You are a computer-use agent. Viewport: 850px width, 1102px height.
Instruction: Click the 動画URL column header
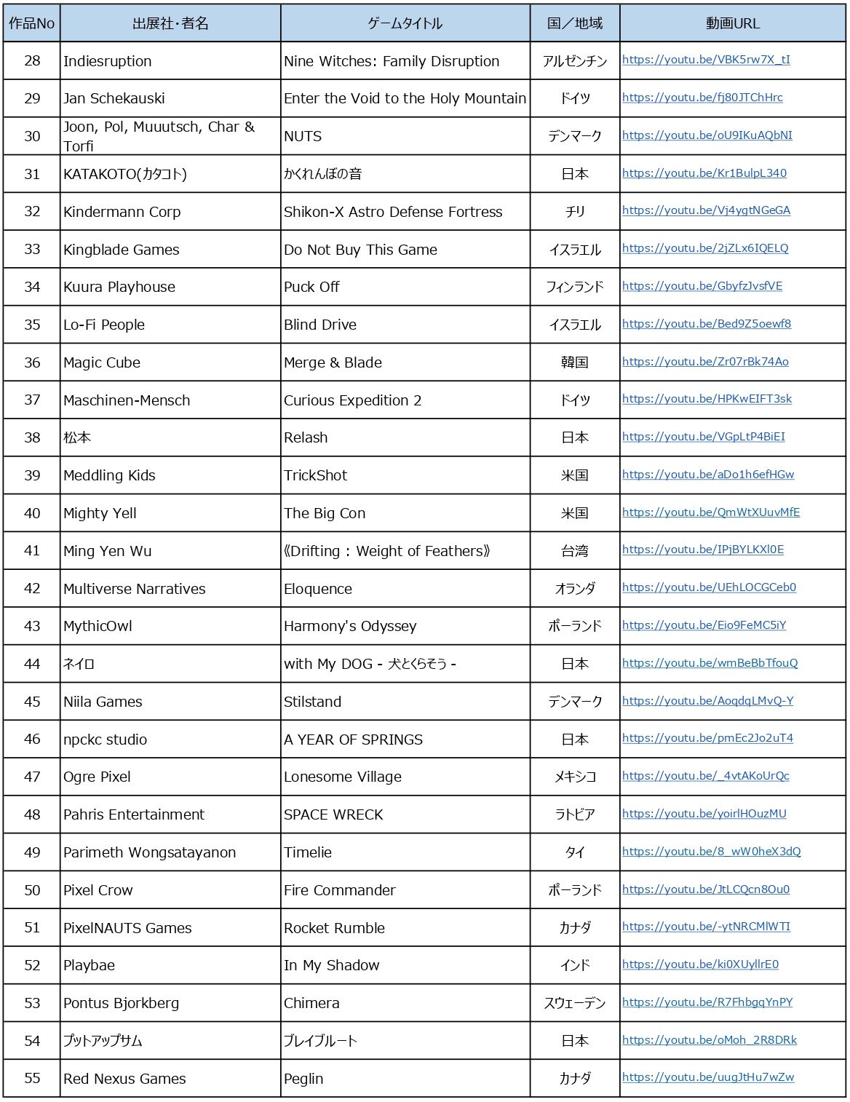click(732, 23)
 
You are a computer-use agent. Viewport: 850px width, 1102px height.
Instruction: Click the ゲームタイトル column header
click(405, 23)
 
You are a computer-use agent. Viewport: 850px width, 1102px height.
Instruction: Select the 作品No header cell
click(32, 23)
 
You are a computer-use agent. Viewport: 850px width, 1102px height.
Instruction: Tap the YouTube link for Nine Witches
click(706, 60)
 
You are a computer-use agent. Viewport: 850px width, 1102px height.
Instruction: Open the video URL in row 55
click(708, 1077)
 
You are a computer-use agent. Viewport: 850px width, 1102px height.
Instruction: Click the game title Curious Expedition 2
click(352, 400)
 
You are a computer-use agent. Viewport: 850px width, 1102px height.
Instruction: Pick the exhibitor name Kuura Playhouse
click(119, 287)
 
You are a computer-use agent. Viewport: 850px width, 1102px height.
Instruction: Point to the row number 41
click(32, 551)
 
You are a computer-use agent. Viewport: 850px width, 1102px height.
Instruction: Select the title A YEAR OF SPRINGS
click(353, 740)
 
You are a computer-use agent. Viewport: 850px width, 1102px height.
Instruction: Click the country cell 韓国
click(574, 362)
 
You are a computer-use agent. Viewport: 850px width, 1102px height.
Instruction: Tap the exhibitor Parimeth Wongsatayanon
click(149, 852)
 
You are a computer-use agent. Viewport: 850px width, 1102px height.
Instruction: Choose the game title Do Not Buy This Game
click(360, 250)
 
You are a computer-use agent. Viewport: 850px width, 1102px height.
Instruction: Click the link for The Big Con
click(711, 512)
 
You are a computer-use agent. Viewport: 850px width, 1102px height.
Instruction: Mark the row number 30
click(32, 136)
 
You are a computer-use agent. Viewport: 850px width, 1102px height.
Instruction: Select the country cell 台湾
click(574, 551)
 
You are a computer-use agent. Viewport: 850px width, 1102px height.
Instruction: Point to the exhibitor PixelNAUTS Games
click(127, 928)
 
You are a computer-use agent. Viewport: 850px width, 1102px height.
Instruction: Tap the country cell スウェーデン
click(574, 1003)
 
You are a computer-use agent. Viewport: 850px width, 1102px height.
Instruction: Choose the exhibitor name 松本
click(77, 437)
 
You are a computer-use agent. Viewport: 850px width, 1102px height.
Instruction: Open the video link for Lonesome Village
click(705, 776)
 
